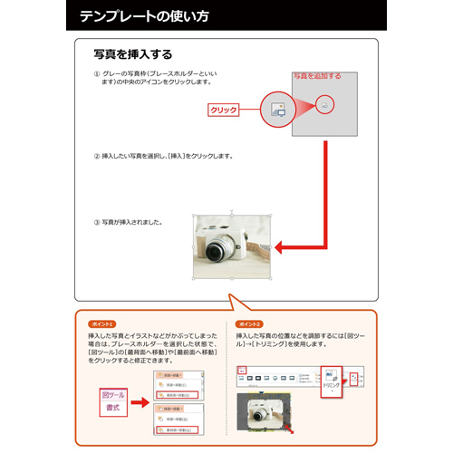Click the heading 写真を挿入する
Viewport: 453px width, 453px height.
point(133,55)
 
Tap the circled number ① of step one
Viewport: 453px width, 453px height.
point(97,74)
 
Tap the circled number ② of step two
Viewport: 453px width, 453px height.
point(97,156)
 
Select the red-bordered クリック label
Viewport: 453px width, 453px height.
point(224,110)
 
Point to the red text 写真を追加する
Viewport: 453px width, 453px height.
point(316,76)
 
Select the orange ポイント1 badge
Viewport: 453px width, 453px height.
point(101,323)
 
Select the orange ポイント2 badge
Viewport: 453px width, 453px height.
point(248,323)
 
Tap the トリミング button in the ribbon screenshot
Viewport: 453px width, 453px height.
point(333,379)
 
